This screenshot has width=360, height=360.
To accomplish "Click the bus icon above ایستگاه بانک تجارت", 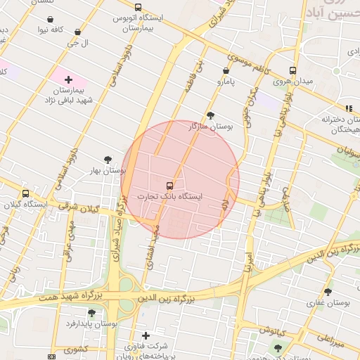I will [168, 186].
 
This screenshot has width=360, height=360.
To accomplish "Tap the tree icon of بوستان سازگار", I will [210, 115].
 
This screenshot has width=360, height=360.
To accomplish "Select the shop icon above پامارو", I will [226, 70].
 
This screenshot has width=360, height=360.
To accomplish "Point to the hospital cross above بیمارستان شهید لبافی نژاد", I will [68, 80].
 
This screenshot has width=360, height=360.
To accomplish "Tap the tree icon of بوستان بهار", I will [107, 160].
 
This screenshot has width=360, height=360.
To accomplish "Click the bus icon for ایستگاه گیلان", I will [25, 193].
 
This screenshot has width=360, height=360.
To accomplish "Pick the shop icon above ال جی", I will [77, 32].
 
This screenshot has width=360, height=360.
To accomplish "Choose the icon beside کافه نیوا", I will [42, 30].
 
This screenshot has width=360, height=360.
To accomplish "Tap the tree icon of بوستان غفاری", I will [328, 291].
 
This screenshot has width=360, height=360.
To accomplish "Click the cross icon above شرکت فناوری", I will [146, 335].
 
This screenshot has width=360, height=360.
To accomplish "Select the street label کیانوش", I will [272, 329].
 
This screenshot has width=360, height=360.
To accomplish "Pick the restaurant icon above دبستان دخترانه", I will [347, 108].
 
